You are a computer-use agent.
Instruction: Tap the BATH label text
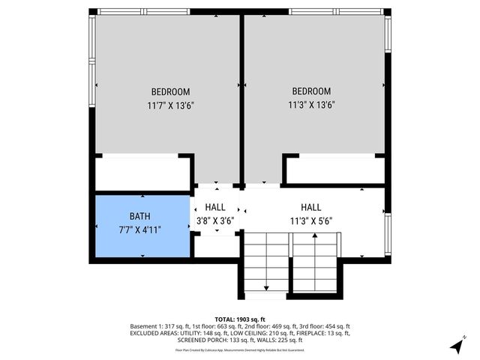(x=140, y=214)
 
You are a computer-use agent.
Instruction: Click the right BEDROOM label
(x=310, y=91)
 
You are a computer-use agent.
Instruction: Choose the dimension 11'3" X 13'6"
(x=310, y=106)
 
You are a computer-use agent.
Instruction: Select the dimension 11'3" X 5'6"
(x=310, y=221)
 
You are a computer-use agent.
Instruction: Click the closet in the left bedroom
(x=142, y=172)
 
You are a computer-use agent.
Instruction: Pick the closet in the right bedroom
(x=335, y=171)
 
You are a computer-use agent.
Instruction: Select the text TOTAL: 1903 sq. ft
(x=240, y=319)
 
